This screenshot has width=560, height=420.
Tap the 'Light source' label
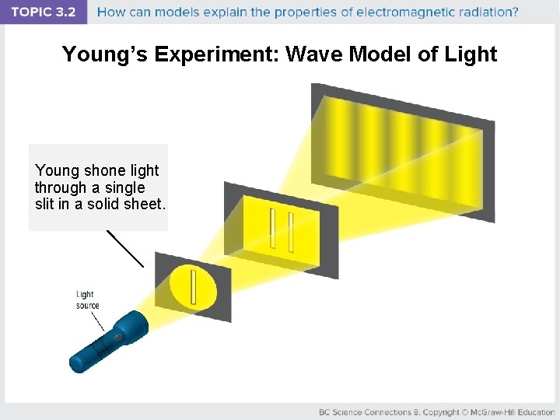click(87, 299)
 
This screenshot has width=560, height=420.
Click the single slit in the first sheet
click(193, 287)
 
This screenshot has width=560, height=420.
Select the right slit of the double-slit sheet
click(289, 233)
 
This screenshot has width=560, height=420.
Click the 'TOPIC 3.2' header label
click(43, 12)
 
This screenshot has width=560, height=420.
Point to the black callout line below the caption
click(125, 249)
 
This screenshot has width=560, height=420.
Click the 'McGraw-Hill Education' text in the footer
click(509, 411)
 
